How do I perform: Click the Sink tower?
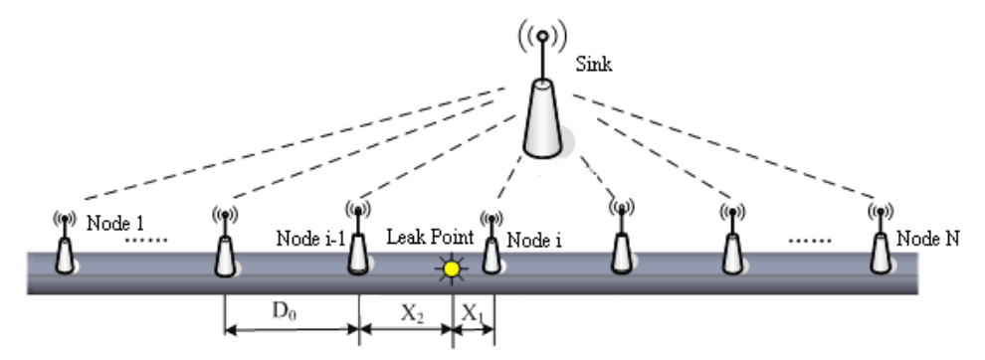[542, 119]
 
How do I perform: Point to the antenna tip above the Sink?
[542, 37]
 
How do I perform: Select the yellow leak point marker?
[453, 268]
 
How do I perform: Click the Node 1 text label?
[115, 222]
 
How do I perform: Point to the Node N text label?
[926, 239]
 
